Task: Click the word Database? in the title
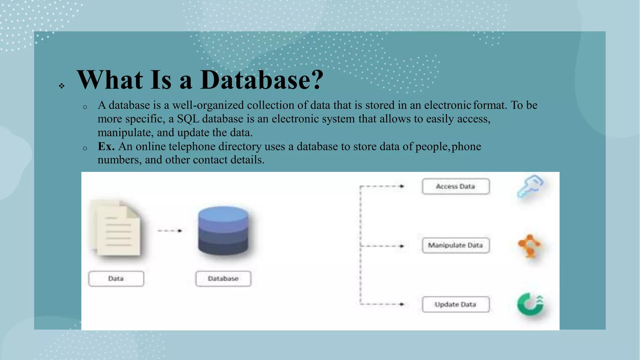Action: (x=262, y=80)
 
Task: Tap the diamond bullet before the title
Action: (x=62, y=86)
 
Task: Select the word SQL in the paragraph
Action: (x=188, y=119)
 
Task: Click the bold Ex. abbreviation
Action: (x=106, y=146)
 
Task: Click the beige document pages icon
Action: (x=116, y=228)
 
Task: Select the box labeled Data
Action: (x=116, y=278)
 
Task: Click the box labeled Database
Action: (x=223, y=278)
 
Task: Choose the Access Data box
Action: (x=455, y=187)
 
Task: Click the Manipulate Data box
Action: (x=455, y=245)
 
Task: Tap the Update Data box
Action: (x=455, y=304)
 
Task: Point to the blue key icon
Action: (x=530, y=186)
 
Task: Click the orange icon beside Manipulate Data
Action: (x=530, y=246)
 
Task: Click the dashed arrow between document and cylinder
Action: (x=170, y=231)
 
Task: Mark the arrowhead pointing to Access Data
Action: (x=402, y=186)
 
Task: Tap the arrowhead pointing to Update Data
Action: (x=402, y=304)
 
